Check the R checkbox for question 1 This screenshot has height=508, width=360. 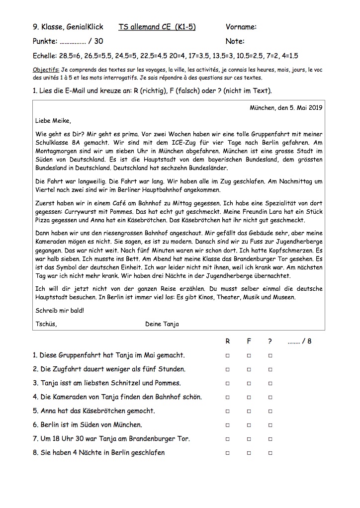(x=227, y=356)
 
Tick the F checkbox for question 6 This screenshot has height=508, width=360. (x=249, y=425)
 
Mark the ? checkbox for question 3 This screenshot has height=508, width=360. (x=270, y=384)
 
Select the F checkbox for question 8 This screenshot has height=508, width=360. (x=249, y=453)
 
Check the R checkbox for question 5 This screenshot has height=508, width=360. (x=227, y=412)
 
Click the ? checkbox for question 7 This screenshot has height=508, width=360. (x=270, y=439)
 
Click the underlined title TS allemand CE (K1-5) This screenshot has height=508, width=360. (x=157, y=27)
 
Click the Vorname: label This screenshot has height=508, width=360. (x=241, y=27)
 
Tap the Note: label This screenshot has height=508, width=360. (x=235, y=41)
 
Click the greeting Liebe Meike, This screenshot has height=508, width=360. (x=53, y=120)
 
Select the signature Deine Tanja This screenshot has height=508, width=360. (x=162, y=324)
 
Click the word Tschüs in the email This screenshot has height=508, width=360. (x=46, y=324)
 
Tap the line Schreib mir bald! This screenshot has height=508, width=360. (x=60, y=311)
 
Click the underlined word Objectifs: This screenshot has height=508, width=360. (x=46, y=70)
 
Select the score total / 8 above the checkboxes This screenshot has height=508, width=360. (x=299, y=341)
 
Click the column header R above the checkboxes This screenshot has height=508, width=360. (x=227, y=341)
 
